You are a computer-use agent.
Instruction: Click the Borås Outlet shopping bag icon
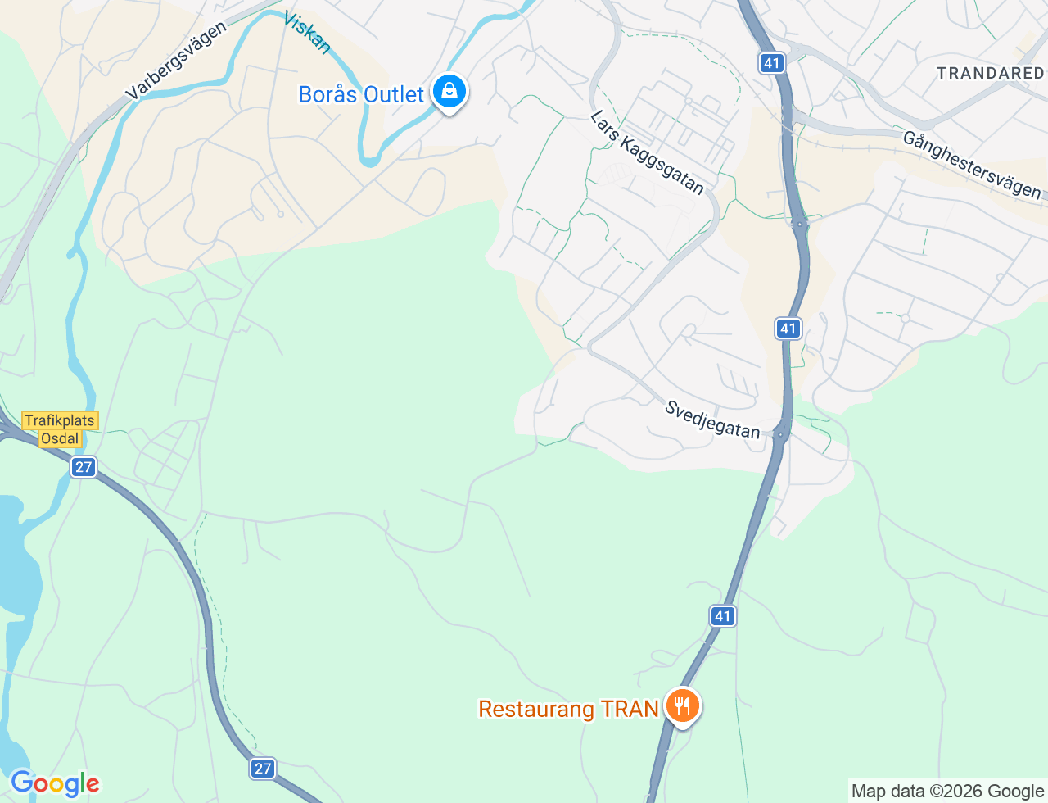(449, 92)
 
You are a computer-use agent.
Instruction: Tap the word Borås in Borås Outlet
(328, 95)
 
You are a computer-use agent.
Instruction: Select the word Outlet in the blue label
(394, 95)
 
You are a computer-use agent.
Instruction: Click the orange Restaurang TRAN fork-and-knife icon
(682, 705)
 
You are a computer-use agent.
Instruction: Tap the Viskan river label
(307, 33)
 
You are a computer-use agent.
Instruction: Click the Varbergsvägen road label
(176, 61)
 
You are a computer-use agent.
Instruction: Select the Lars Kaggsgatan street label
(647, 152)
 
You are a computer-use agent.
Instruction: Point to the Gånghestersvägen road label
(972, 165)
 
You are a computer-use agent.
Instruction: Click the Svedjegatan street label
(712, 420)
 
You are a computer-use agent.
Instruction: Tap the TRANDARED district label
(990, 73)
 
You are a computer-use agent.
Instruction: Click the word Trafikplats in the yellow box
(60, 420)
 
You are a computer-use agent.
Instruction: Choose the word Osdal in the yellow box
(60, 438)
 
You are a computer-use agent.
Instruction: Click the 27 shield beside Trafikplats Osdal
(83, 467)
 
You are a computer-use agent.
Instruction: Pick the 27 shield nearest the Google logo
(262, 769)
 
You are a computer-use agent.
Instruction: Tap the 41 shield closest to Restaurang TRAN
(722, 616)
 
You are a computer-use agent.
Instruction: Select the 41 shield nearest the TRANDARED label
(771, 62)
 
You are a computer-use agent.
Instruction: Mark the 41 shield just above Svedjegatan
(788, 329)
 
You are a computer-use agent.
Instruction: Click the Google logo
(55, 784)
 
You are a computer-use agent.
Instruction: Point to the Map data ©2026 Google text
(947, 791)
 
